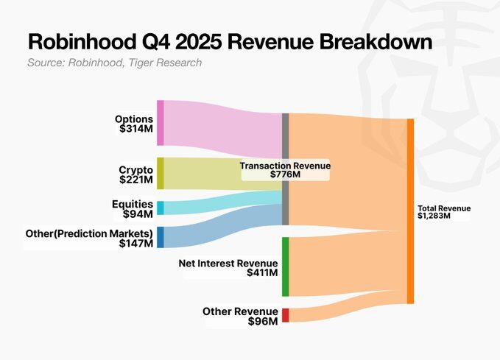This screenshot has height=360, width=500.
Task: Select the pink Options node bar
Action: coord(160,123)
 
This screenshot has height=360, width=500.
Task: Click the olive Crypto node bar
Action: coord(160,173)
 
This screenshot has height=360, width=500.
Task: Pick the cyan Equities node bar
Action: coord(160,208)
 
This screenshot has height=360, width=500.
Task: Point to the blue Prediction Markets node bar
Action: coord(160,237)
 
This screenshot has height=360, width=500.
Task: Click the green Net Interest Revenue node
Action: coord(285,267)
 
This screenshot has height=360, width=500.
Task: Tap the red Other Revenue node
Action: coord(285,315)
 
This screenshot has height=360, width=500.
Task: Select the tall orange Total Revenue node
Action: coord(410,211)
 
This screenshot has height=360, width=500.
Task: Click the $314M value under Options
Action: coord(136,129)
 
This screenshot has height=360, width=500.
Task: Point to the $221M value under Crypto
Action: coord(136,180)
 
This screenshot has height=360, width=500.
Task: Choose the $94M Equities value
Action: coord(138,214)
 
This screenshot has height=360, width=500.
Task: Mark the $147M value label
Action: coord(136,244)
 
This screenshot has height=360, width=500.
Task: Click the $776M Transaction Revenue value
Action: coord(285,175)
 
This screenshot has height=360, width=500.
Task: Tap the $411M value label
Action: coord(262,273)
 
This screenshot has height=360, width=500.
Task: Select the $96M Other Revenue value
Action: coord(264,322)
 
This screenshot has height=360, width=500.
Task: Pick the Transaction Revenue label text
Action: coord(285,166)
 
